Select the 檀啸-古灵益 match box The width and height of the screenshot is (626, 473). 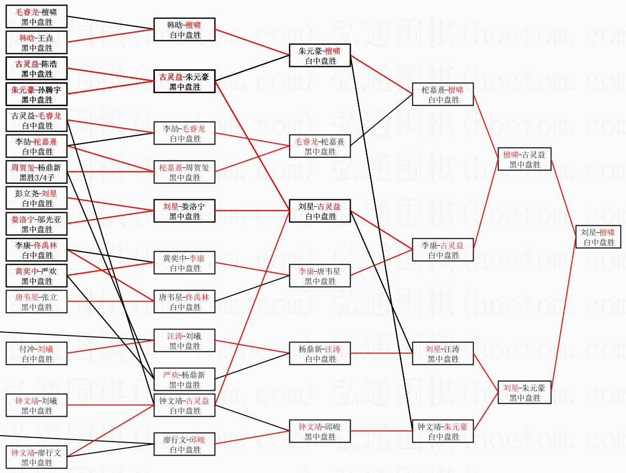click(524, 159)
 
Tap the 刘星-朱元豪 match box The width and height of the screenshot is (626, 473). click(524, 393)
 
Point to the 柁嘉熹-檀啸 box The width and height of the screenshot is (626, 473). click(443, 94)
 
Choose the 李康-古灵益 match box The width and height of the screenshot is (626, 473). click(443, 250)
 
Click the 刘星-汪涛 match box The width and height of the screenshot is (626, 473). click(443, 354)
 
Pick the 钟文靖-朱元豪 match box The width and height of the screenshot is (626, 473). click(443, 432)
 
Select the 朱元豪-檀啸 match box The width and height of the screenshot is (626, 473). click(320, 55)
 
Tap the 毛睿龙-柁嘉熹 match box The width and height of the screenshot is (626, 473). click(320, 147)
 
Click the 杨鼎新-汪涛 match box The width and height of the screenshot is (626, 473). click(320, 354)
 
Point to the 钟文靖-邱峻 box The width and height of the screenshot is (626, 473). click(320, 432)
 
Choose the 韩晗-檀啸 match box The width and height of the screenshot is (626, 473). click(184, 30)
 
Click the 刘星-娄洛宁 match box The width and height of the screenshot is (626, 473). click(184, 211)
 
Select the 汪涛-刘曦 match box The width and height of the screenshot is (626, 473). click(184, 341)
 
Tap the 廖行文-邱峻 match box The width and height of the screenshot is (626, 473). click(184, 445)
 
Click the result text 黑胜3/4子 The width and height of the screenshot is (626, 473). click(37, 178)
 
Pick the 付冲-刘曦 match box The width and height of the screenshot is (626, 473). click(37, 354)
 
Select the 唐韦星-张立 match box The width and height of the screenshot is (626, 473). click(37, 302)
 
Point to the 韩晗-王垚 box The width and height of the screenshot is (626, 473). click(37, 43)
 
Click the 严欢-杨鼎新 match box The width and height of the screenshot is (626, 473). click(184, 380)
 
